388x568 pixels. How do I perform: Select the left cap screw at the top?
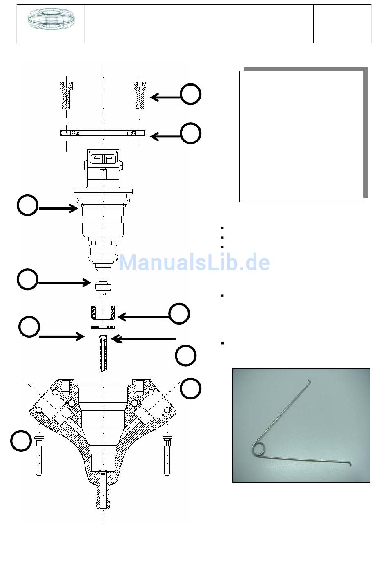(x=66, y=95)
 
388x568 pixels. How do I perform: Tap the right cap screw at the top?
(x=140, y=95)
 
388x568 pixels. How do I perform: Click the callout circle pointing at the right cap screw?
(x=191, y=94)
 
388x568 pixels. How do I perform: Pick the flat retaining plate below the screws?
(x=103, y=133)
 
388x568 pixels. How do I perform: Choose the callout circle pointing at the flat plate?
(x=191, y=133)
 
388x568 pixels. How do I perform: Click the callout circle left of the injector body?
(x=28, y=205)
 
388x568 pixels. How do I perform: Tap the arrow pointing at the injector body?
(x=58, y=209)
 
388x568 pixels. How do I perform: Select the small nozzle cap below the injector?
(x=103, y=289)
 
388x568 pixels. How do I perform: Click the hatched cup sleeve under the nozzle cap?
(x=103, y=312)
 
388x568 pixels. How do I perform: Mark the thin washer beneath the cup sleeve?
(x=103, y=327)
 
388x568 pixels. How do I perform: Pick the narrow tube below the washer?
(x=103, y=353)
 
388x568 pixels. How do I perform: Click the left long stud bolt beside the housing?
(x=39, y=456)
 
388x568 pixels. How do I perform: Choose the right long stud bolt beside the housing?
(x=167, y=456)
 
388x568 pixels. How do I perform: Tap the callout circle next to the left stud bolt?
(x=21, y=441)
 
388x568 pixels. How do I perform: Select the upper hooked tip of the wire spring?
(x=309, y=381)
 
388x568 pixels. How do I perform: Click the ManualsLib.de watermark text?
(x=194, y=262)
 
